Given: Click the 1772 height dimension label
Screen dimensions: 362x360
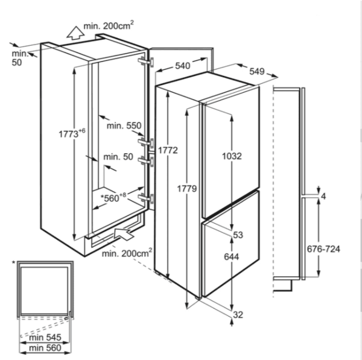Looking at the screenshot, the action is [x=168, y=151].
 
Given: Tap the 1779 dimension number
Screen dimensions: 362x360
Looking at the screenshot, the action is [x=187, y=189].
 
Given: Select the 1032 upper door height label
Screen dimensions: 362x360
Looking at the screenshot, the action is [x=232, y=156].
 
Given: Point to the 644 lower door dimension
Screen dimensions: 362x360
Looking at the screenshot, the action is [x=232, y=257].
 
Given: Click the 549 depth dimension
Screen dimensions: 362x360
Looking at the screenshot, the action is [x=257, y=71].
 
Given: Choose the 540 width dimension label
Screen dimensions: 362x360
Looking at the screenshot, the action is [x=183, y=66].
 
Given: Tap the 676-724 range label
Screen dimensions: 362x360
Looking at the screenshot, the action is [x=323, y=249].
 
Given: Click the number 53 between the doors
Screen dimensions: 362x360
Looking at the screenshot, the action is [x=238, y=235].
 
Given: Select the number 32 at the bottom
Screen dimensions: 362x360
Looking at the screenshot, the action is [x=238, y=315].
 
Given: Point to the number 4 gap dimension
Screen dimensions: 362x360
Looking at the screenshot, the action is [x=323, y=197].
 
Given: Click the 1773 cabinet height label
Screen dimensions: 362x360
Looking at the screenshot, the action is [x=72, y=133].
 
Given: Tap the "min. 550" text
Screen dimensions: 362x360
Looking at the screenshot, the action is [x=124, y=126].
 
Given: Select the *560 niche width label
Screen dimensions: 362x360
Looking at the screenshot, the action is [x=113, y=197].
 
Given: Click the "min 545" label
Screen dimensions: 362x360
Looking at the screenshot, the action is [x=45, y=337].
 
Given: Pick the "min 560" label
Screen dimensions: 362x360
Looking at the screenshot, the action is [x=45, y=348].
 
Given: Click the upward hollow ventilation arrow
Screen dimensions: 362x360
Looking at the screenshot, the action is [x=75, y=33].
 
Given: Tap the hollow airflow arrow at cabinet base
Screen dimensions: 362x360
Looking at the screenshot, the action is [x=124, y=235].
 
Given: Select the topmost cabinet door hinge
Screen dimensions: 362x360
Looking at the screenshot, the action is [x=146, y=62].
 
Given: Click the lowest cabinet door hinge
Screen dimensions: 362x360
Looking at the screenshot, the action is [x=145, y=198].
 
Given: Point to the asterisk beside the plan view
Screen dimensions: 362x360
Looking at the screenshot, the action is [x=14, y=263].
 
